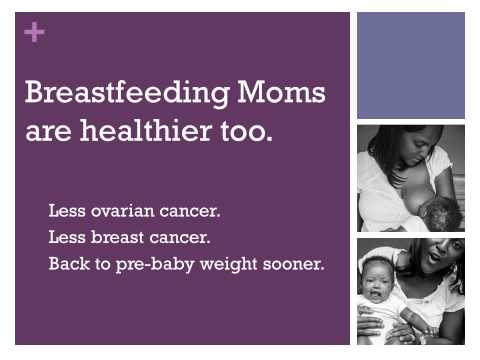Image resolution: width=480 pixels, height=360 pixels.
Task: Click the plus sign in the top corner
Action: click(36, 32)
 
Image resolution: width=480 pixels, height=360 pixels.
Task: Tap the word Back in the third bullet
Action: click(67, 264)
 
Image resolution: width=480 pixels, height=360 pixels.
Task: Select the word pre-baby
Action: click(156, 265)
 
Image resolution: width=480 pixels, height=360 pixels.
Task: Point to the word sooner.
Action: click(298, 264)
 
